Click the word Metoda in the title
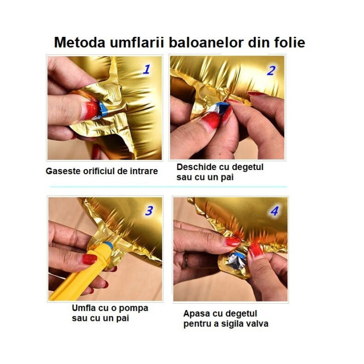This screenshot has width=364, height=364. point(79,42)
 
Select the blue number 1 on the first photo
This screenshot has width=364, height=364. point(147,69)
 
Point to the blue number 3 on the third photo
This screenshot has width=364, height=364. point(149,211)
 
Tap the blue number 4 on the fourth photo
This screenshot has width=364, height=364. point(274,212)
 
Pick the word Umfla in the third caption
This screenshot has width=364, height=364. point(85,308)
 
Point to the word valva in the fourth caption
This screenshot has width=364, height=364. point(257,324)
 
